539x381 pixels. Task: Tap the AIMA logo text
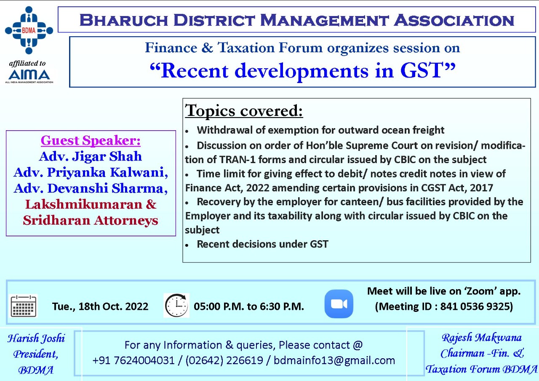click(29, 75)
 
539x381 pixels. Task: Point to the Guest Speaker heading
click(91, 140)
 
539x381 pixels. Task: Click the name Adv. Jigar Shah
click(91, 156)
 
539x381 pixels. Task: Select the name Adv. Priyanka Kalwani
click(91, 172)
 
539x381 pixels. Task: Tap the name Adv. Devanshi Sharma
click(91, 188)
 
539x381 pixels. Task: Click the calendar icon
click(23, 306)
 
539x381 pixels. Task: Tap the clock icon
click(176, 306)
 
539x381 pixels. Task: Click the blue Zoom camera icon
click(339, 304)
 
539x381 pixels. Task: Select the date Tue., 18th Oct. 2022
click(100, 306)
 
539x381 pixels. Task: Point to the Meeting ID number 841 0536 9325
click(476, 306)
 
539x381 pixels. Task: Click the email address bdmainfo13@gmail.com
click(334, 360)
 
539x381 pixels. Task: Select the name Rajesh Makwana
click(482, 338)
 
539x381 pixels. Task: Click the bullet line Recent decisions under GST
click(262, 244)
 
